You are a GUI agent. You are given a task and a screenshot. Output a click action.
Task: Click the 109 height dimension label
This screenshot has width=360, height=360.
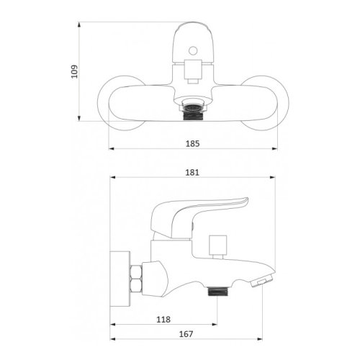tap(75, 71)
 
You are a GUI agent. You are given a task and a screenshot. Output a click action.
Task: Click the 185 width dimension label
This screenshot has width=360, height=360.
tap(192, 143)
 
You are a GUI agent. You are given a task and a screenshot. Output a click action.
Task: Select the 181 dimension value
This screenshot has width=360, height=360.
tap(192, 173)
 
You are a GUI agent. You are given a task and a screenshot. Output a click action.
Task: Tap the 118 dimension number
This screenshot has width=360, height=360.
tap(163, 320)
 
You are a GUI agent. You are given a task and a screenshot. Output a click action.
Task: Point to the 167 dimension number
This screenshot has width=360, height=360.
tap(186, 334)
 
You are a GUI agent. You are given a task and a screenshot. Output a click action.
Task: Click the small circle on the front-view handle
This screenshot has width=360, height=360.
tap(193, 51)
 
